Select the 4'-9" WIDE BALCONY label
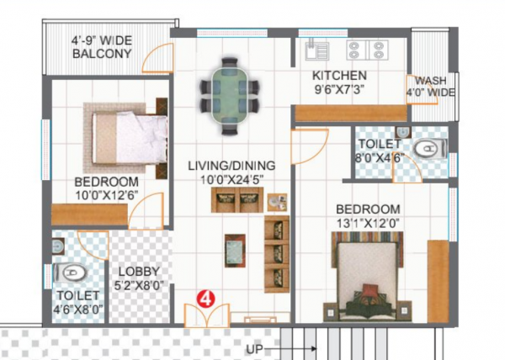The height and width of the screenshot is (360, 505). point(102,46)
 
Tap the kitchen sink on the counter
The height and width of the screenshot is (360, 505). point(317,50)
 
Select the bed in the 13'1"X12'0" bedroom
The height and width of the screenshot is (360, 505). point(369,276)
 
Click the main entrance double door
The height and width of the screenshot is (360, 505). point(205,315)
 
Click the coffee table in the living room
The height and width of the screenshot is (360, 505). point(235,248)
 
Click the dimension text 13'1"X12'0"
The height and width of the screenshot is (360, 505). point(367,223)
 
